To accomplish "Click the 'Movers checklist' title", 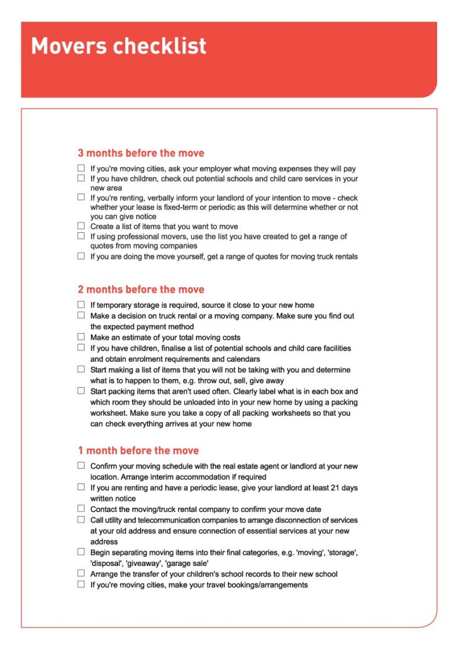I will (x=118, y=46).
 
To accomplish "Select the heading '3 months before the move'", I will (x=141, y=153).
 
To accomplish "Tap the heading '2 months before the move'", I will (x=141, y=289).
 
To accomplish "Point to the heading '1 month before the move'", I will (x=138, y=450).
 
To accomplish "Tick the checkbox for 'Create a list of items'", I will (x=81, y=226).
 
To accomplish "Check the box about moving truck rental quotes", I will (x=81, y=256).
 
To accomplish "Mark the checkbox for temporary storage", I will (x=81, y=305).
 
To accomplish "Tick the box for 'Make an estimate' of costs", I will (x=81, y=337).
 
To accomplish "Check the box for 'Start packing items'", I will (x=81, y=391).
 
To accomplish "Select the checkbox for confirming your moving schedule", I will (x=81, y=466).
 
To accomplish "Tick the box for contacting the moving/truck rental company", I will (x=81, y=509).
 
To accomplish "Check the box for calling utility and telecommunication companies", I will (x=81, y=519).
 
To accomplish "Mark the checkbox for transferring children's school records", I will (x=81, y=574).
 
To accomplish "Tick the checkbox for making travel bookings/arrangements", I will (x=81, y=585).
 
